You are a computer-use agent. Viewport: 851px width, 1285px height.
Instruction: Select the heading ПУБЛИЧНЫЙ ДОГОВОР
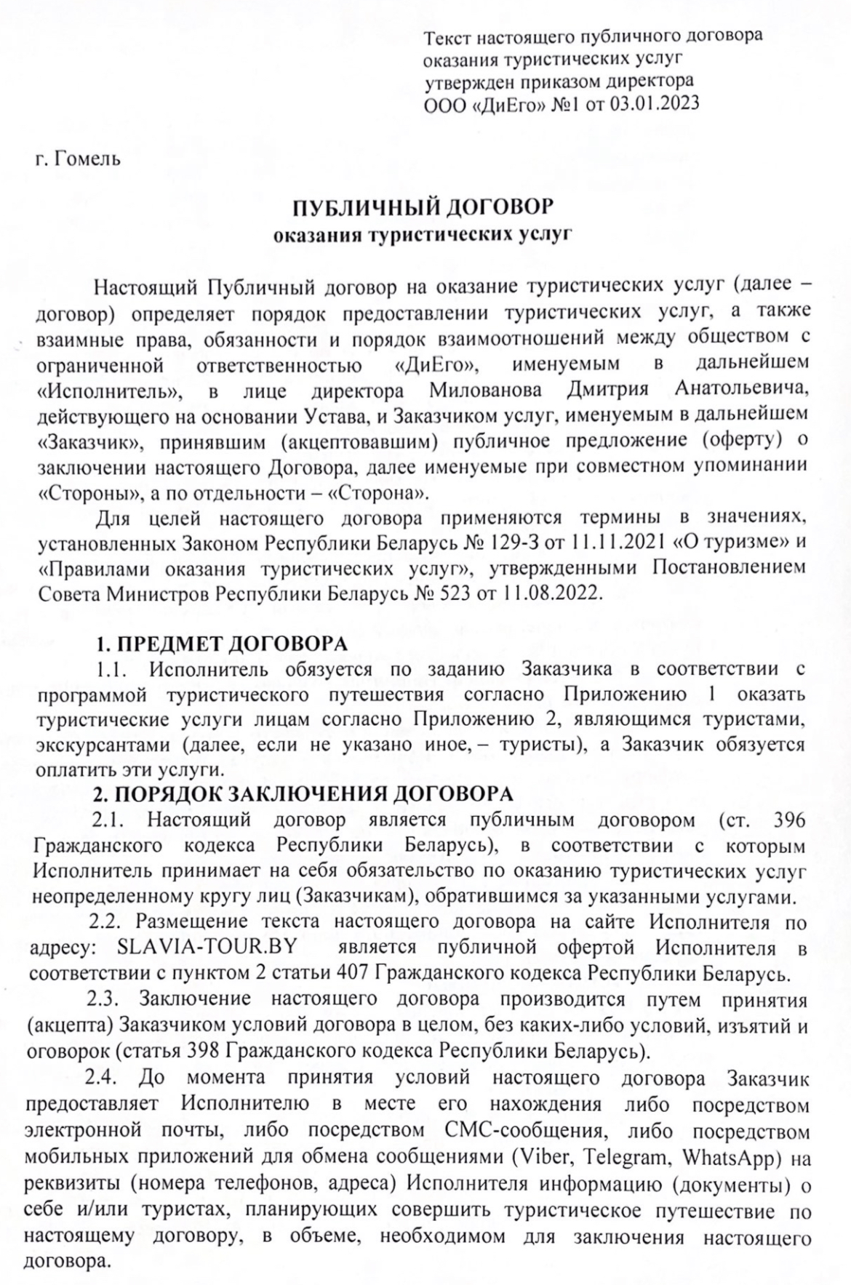(423, 208)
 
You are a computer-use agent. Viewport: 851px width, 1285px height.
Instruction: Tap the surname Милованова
(485, 390)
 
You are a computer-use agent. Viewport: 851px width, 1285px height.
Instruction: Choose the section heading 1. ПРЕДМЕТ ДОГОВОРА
(222, 644)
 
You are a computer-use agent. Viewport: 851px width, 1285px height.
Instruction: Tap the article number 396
(791, 820)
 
